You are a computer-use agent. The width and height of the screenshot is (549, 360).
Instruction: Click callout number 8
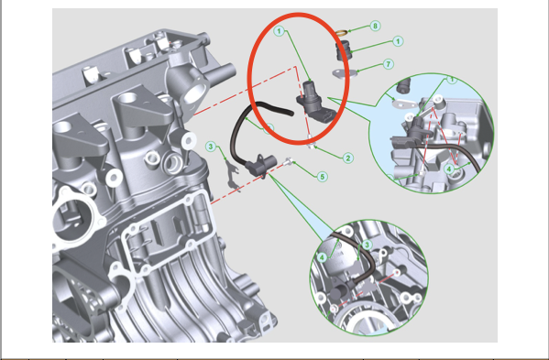[x=375, y=26]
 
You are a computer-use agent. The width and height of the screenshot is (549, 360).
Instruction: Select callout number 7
[x=388, y=64]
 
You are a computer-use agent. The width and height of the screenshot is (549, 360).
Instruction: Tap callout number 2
[x=347, y=158]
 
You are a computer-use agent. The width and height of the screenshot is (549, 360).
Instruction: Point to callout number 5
[x=323, y=177]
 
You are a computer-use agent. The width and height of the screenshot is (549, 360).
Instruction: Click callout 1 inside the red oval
[x=279, y=31]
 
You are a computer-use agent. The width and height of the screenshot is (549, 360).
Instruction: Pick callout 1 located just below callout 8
[x=398, y=41]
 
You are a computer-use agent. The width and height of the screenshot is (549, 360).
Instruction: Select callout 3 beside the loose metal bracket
[x=211, y=147]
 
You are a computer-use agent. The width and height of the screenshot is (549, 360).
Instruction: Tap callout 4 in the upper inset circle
[x=450, y=169]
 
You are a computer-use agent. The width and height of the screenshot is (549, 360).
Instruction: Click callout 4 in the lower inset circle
[x=322, y=257]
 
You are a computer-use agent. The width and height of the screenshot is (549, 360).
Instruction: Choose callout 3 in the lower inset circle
[x=367, y=245]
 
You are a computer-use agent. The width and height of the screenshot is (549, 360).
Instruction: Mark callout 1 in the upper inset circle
[x=452, y=80]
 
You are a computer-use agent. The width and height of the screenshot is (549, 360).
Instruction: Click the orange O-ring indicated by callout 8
[x=341, y=33]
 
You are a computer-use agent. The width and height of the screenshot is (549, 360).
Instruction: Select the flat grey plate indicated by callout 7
[x=345, y=73]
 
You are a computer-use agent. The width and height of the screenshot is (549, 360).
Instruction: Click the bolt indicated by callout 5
[x=288, y=161]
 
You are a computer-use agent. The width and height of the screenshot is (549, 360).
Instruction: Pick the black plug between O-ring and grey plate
[x=344, y=50]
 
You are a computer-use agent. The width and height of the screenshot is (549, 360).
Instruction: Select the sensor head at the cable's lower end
[x=261, y=166]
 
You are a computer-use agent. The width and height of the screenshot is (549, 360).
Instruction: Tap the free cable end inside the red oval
[x=290, y=113]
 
